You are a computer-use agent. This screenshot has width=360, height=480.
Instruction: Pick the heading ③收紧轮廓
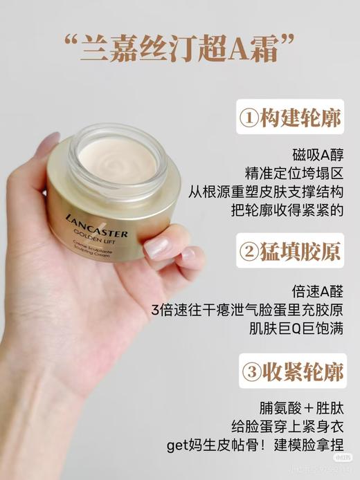click(291, 372)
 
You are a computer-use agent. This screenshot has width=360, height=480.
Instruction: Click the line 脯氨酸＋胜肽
click(302, 407)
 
